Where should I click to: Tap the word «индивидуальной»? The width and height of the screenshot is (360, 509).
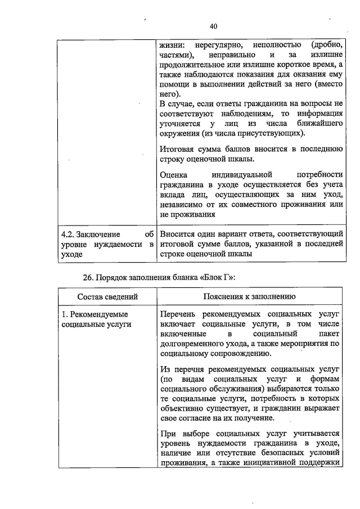pos(244,174)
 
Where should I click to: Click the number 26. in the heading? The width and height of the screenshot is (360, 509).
pos(89,277)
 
